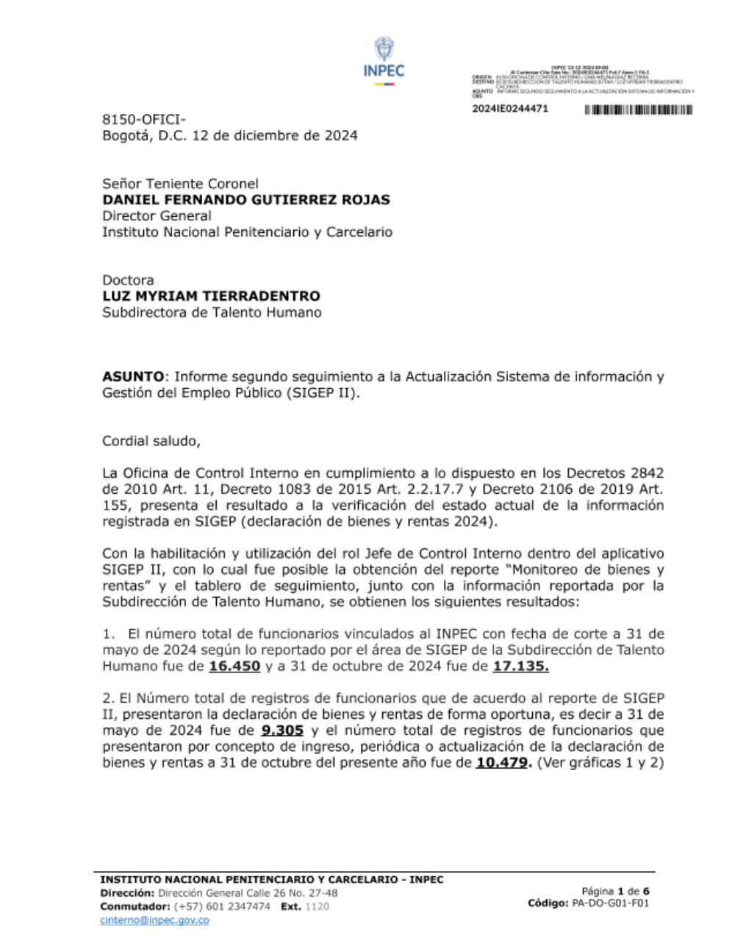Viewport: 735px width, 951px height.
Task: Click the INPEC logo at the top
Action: point(384,61)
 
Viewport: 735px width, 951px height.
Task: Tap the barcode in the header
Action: point(639,110)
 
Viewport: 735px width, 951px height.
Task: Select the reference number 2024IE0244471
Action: point(509,109)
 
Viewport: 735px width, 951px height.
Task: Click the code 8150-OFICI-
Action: point(144,119)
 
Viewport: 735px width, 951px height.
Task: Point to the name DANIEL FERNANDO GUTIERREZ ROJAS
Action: point(246,199)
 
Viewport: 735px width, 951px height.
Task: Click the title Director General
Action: point(157,215)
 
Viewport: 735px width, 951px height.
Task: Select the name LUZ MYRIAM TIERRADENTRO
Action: point(211,296)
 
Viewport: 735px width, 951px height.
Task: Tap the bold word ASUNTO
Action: point(133,376)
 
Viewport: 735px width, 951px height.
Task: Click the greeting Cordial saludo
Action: point(151,441)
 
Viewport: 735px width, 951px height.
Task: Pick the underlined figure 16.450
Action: point(234,666)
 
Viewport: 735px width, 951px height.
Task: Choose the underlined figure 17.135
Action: point(520,666)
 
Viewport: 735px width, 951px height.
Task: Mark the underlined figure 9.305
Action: point(282,731)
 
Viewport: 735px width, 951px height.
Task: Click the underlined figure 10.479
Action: point(503,763)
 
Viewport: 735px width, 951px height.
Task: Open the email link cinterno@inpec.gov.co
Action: point(154,920)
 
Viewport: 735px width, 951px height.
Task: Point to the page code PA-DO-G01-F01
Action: point(610,903)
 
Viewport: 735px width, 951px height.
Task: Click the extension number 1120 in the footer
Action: point(317,907)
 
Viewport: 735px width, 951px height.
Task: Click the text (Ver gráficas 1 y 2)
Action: point(600,763)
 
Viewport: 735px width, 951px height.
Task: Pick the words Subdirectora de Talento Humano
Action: point(212,312)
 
